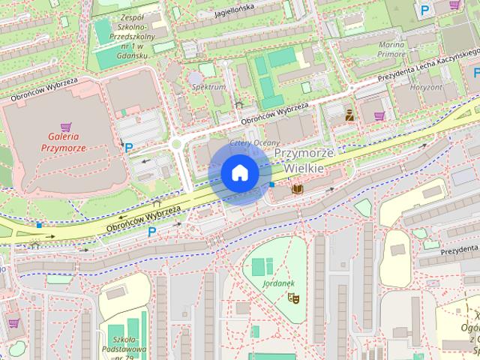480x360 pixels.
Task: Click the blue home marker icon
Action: (x=239, y=173)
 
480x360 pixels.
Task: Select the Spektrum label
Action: (x=209, y=87)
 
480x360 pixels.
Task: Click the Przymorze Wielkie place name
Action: (x=298, y=160)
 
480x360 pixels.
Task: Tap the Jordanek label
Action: (x=280, y=283)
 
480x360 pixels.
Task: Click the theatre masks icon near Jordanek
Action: (x=295, y=298)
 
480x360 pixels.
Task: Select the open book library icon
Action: (x=297, y=189)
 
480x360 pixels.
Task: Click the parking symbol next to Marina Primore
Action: (x=425, y=10)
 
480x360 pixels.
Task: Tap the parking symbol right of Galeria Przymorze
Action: (x=128, y=148)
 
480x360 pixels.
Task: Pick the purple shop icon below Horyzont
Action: (x=379, y=116)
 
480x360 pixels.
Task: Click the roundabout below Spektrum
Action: (x=178, y=145)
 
